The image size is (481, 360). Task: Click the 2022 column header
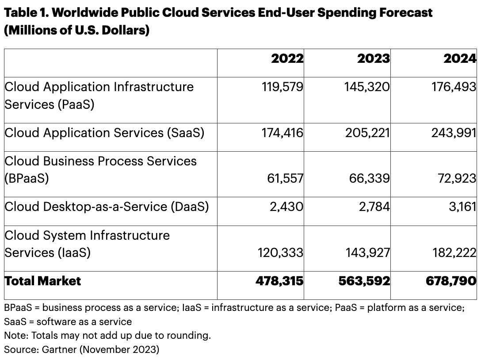coord(287,59)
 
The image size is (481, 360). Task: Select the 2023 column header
coord(374,59)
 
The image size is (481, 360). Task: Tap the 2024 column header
coord(460,59)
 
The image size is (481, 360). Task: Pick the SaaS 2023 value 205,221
coord(368,133)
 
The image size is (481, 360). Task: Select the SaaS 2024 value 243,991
coord(454,133)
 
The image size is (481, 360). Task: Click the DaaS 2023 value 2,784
coord(374,207)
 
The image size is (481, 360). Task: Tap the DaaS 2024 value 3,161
coord(462,207)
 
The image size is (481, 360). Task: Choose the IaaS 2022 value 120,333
coord(280,253)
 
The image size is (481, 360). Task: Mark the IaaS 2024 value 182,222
coord(454,253)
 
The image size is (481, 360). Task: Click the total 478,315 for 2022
coord(279,281)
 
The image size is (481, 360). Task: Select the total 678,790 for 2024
coord(453,281)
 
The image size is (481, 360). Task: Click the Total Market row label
coord(43,281)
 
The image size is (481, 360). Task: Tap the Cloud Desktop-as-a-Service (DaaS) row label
coord(106,207)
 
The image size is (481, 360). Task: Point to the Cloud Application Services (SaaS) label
coord(104,133)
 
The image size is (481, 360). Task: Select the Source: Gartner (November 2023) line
coord(81,349)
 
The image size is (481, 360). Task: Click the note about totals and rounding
coord(107,335)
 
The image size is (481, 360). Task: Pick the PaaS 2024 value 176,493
coord(454,87)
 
